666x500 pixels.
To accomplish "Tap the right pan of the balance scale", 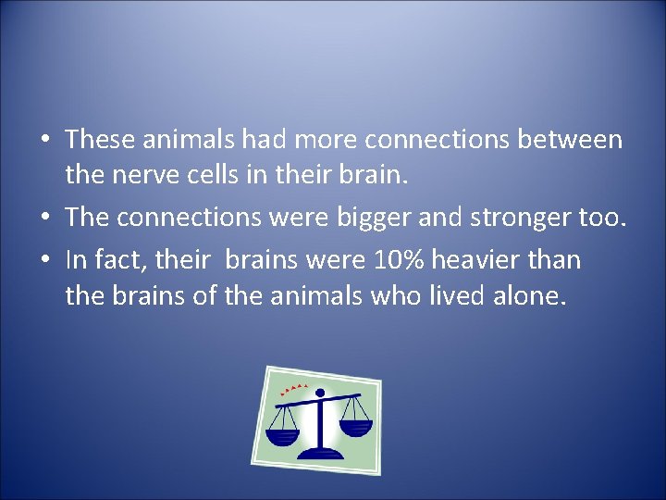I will click(355, 427).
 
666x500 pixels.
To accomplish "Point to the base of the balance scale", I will click(319, 453).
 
